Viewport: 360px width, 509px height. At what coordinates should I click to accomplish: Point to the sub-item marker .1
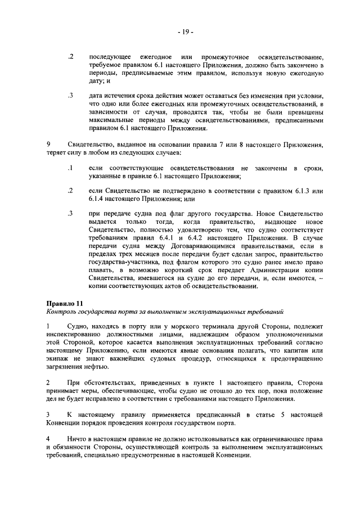[71, 168]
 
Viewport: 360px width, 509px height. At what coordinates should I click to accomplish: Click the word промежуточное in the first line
[218, 58]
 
